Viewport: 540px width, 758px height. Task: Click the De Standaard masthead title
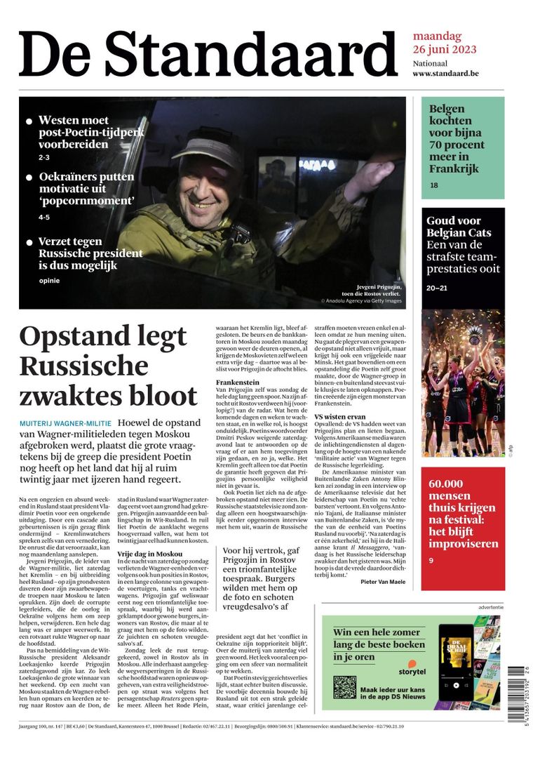pyautogui.click(x=208, y=54)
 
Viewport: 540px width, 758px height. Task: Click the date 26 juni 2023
pyautogui.click(x=445, y=49)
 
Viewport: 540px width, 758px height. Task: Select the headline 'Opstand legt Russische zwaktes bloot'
pyautogui.click(x=109, y=366)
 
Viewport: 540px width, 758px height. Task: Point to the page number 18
pyautogui.click(x=434, y=185)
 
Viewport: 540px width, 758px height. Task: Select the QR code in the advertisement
pyautogui.click(x=344, y=687)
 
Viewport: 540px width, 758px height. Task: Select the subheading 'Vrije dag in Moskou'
pyautogui.click(x=150, y=554)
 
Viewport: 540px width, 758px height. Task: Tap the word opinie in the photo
pyautogui.click(x=50, y=281)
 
